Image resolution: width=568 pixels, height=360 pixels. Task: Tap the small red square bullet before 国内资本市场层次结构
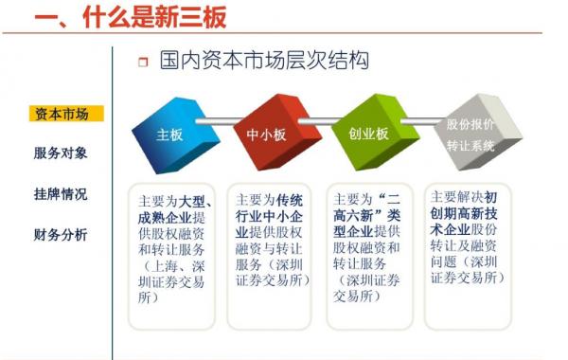point(143,63)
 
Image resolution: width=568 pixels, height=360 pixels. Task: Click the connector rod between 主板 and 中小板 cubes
point(221,120)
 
